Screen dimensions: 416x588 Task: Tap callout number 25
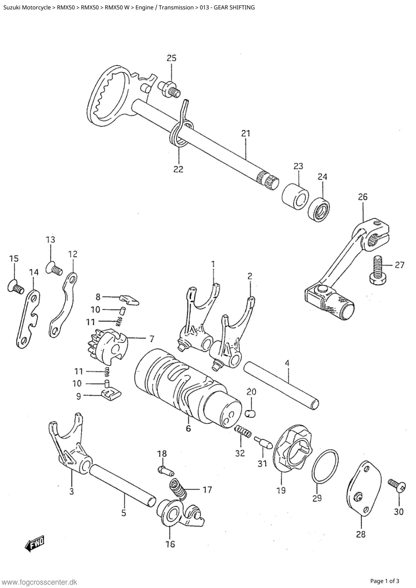[x=171, y=58]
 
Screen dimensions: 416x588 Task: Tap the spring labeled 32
[x=242, y=431]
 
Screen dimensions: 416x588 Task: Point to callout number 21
[x=246, y=133]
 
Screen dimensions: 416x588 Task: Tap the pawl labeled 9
[x=111, y=393]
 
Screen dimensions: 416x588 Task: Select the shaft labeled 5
[x=122, y=483]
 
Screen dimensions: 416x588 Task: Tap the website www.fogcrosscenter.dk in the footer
[x=40, y=582]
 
